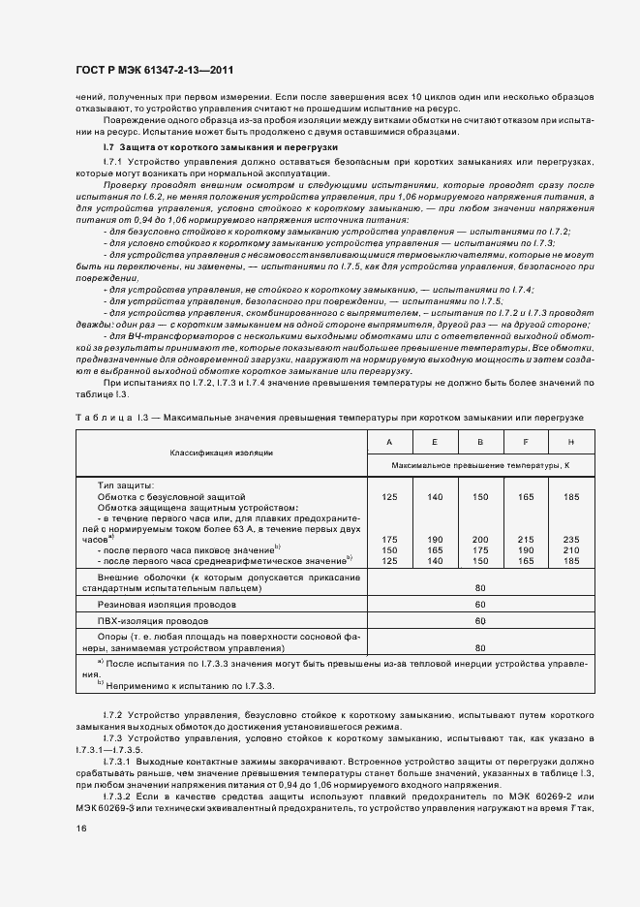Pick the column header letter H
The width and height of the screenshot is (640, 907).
570,440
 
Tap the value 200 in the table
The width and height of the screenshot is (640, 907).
478,540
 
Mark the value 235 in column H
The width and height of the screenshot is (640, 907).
570,540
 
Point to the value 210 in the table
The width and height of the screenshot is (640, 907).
570,549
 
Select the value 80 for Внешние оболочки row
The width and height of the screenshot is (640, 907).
480,586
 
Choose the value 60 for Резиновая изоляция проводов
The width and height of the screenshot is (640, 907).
480,604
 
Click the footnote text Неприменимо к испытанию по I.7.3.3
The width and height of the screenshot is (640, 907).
190,684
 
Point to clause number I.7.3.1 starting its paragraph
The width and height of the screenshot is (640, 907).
121,762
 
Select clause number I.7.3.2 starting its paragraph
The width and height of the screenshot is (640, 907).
121,794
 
